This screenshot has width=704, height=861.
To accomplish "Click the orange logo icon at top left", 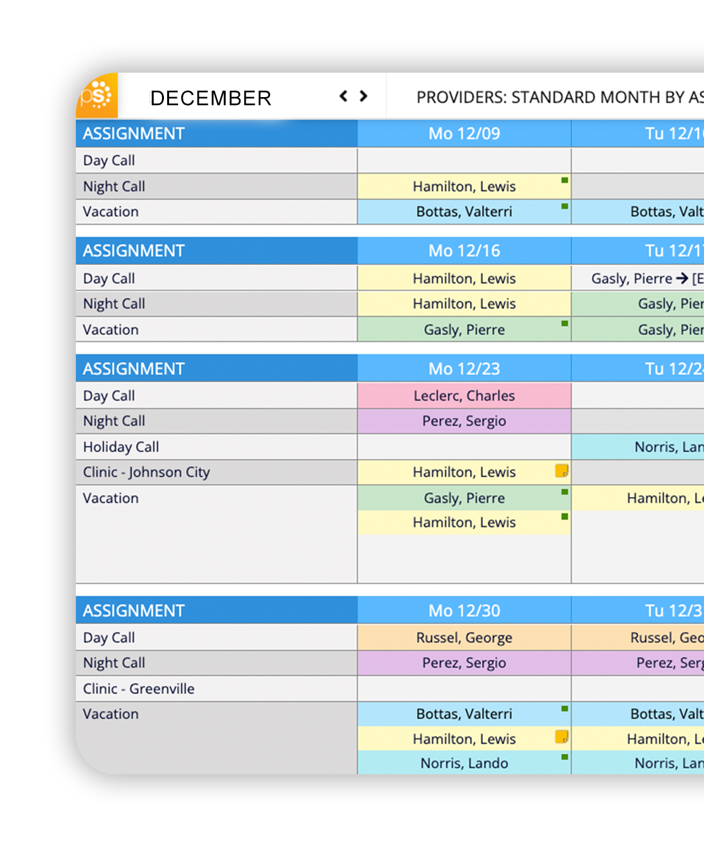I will pos(97,96).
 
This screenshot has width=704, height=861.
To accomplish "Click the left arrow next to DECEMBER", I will pos(343,96).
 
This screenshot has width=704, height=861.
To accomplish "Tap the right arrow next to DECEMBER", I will pos(364,96).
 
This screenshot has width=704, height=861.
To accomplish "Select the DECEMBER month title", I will pos(210,98).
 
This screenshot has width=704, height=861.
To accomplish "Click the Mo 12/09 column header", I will pos(464,134).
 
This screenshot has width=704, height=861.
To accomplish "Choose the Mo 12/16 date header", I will pos(464,251).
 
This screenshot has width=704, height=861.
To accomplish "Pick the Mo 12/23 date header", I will pos(464,368).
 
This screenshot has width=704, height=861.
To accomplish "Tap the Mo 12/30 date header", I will pos(464,610).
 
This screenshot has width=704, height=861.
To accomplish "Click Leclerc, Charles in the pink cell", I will pos(464,395).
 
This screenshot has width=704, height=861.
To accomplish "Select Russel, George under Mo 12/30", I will pos(464,637).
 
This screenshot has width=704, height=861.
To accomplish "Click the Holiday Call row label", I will pos(121,447).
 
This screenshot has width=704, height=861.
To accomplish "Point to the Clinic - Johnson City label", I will pos(147,472).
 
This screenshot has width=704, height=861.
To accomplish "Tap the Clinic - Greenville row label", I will pos(139,689).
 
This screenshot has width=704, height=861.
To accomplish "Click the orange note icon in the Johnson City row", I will pos(561,471).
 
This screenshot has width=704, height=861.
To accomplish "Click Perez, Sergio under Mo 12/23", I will pos(464,421).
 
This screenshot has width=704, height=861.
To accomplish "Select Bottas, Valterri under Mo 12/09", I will pos(464,212).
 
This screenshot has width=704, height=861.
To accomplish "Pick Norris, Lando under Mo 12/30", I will pos(464,763).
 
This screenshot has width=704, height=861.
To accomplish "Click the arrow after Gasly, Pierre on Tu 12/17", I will pos(682,278).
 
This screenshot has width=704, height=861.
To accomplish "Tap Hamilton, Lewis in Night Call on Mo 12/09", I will pos(464,186).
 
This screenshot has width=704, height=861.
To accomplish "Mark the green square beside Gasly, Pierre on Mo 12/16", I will pos(564,323).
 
